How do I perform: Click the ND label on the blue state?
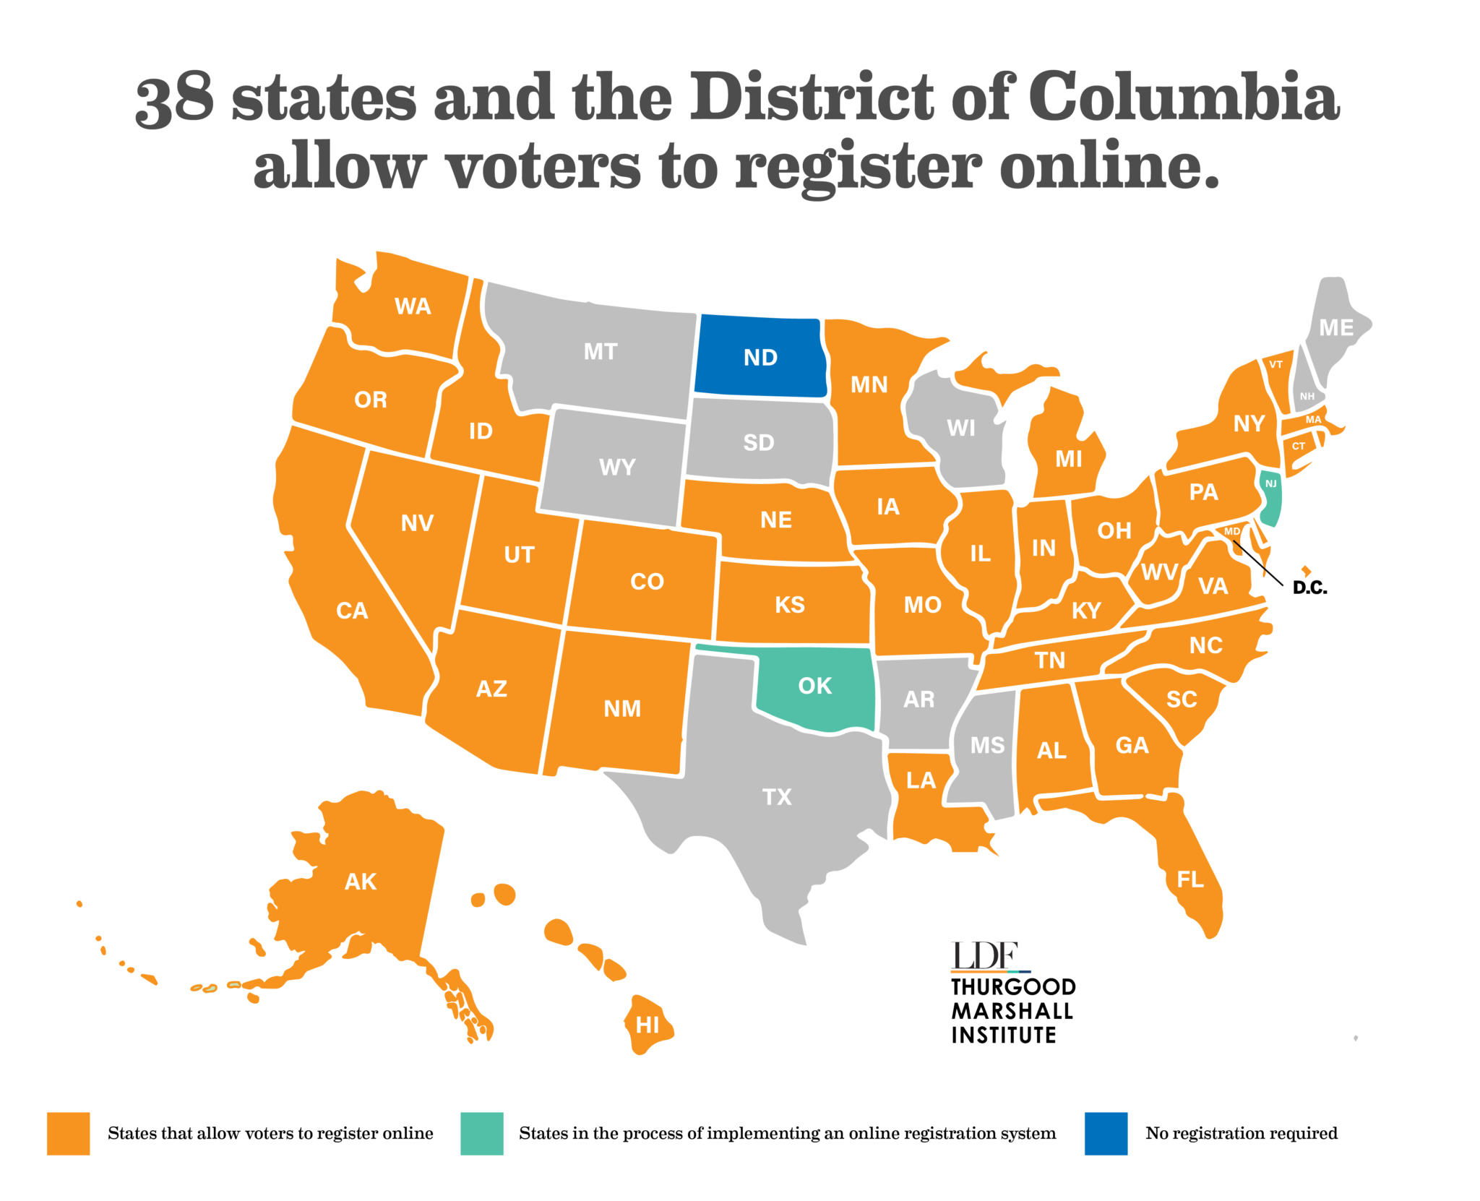[x=760, y=357]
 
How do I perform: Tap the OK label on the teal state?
[x=814, y=685]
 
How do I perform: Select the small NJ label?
[x=1270, y=483]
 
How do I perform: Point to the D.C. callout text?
[x=1309, y=587]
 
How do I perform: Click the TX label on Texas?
[x=777, y=796]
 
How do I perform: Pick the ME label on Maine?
[x=1336, y=327]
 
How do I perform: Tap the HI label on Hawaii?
[x=647, y=1025]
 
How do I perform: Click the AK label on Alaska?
[x=361, y=881]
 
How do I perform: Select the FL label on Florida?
[x=1190, y=879]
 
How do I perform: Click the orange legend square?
[x=69, y=1133]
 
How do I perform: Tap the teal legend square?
[x=482, y=1133]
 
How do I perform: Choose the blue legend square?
[x=1106, y=1133]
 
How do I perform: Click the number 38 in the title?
[x=175, y=99]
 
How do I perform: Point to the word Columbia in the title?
[x=1184, y=98]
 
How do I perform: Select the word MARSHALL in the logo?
[x=1012, y=1010]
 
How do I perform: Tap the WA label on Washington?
[x=413, y=306]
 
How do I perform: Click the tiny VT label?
[x=1275, y=364]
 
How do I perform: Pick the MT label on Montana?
[x=601, y=351]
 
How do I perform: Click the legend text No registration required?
[x=1241, y=1133]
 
